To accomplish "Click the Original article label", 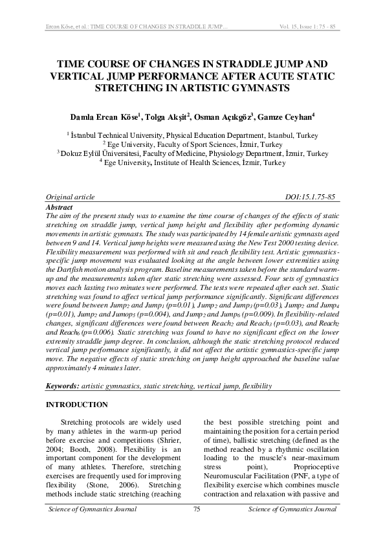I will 70,197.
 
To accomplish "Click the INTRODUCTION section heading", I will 77,405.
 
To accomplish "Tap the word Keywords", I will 62,386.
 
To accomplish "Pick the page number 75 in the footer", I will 197,510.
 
